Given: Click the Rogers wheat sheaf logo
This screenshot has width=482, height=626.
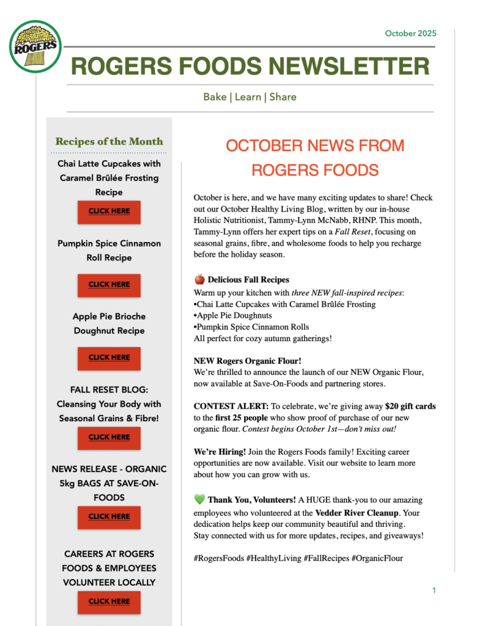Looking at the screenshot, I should pyautogui.click(x=35, y=46).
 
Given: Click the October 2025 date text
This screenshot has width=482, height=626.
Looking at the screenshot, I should pyautogui.click(x=410, y=33).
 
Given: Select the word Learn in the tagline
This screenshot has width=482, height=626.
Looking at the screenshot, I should pyautogui.click(x=248, y=97).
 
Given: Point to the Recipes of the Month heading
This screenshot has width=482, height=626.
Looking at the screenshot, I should pyautogui.click(x=109, y=141).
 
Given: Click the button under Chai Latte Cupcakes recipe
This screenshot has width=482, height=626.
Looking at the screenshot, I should pyautogui.click(x=109, y=212).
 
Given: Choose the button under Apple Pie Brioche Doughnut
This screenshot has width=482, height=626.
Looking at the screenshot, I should pyautogui.click(x=109, y=358).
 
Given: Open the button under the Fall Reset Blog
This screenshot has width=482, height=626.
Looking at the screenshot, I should pyautogui.click(x=109, y=437).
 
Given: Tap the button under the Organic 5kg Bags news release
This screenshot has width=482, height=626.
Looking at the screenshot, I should pyautogui.click(x=109, y=517).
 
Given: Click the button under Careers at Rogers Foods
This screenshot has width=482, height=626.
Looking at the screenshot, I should pyautogui.click(x=109, y=602).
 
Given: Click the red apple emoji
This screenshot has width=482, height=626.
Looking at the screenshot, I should pyautogui.click(x=199, y=279).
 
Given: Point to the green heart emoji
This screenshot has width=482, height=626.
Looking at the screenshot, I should pyautogui.click(x=199, y=499).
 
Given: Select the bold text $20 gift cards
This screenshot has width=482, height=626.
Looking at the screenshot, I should pyautogui.click(x=410, y=406).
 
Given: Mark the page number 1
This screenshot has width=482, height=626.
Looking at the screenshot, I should pyautogui.click(x=434, y=591).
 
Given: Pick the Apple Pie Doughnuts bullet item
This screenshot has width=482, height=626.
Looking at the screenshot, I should pyautogui.click(x=233, y=315).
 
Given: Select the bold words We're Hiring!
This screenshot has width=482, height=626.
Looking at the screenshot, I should pyautogui.click(x=220, y=451).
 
